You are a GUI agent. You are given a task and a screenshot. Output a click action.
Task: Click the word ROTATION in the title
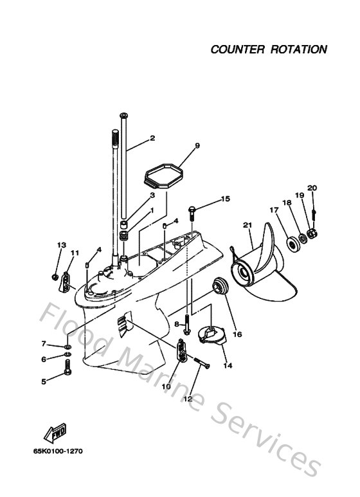coord(298,49)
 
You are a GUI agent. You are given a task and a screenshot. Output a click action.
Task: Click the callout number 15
coord(225,199)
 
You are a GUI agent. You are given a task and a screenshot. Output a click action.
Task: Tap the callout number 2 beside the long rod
coord(152,138)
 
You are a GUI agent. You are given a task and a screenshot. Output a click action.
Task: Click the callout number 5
coord(44,381)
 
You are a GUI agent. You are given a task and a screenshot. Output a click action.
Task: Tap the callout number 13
coord(62,245)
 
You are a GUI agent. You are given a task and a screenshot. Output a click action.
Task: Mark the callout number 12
coord(188,399)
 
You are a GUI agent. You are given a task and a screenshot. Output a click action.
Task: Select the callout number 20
coord(312,188)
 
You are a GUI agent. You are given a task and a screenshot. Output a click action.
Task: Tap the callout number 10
coord(166,386)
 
